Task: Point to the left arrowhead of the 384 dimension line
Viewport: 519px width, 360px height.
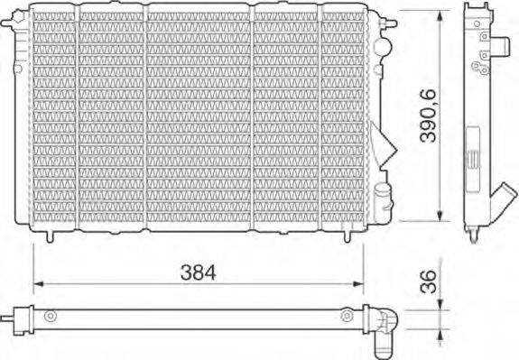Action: (37, 285)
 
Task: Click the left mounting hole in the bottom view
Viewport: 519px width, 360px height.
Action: (51, 317)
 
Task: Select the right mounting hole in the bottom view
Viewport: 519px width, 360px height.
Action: (347, 317)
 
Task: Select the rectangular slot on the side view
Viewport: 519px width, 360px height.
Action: (470, 158)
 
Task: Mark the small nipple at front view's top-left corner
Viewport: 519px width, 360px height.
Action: (26, 7)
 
